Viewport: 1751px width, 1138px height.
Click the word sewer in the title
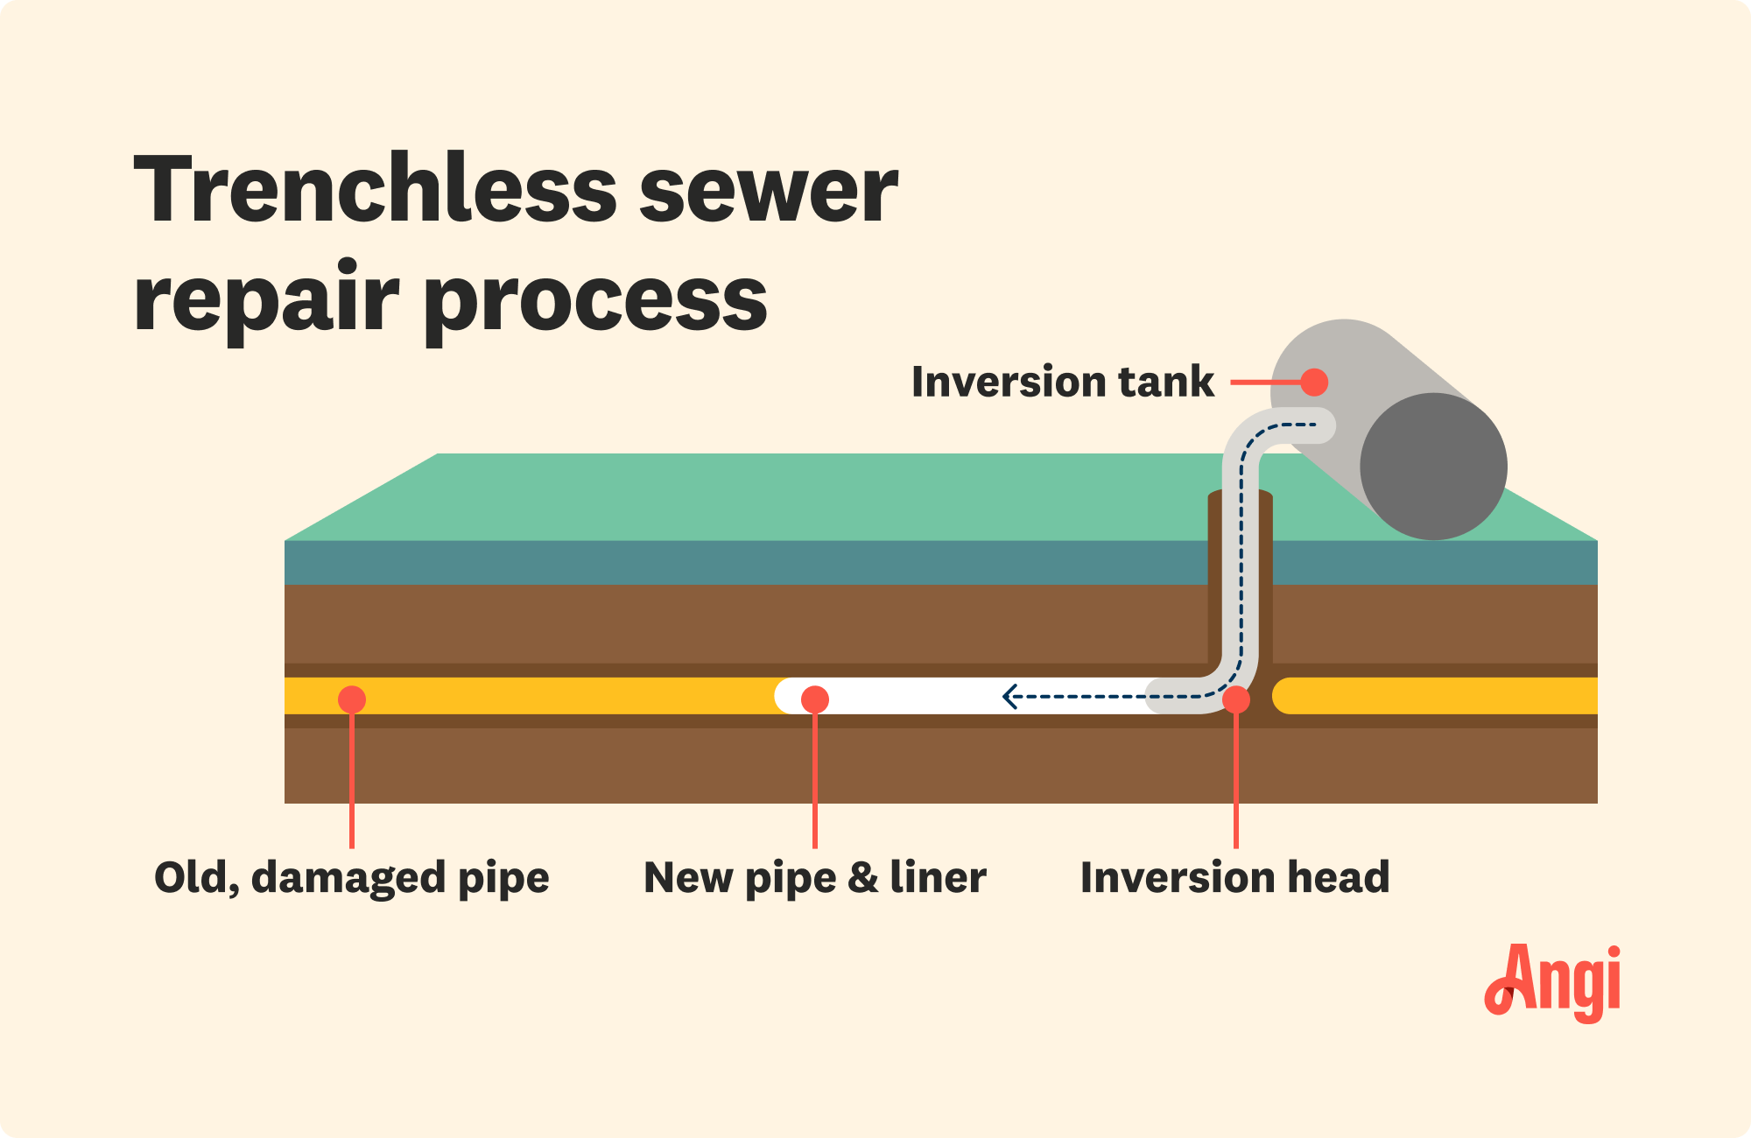769,190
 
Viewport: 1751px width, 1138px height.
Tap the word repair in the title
266,299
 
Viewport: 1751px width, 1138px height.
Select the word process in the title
599,299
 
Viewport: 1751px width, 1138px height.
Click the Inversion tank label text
1062,382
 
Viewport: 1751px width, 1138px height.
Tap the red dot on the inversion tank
1314,382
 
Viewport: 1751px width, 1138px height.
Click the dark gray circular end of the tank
1433,466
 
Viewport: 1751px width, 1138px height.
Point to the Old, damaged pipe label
351,877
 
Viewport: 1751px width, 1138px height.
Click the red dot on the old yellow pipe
351,699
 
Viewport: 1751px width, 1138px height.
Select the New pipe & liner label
814,877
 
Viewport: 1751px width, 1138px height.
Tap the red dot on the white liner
814,699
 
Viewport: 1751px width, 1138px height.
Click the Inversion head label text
1234,877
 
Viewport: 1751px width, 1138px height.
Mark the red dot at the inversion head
1235,699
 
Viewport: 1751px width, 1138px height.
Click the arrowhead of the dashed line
1009,697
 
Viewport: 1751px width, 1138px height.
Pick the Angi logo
1552,982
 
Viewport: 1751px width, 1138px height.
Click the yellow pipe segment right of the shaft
1436,696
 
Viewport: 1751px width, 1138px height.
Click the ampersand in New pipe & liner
862,877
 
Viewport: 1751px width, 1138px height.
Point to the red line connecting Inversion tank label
1265,382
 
